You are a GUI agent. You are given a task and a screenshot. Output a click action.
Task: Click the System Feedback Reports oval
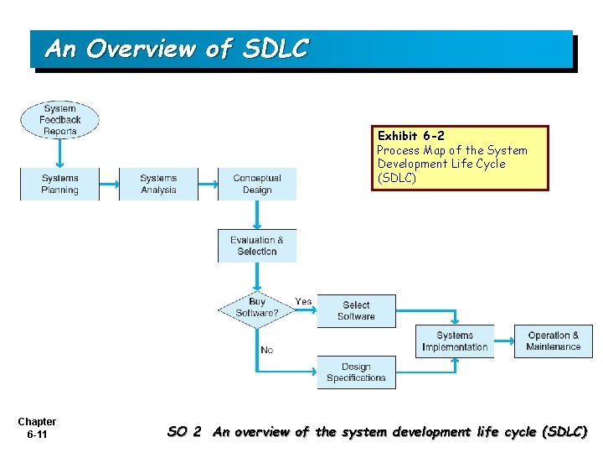(59, 120)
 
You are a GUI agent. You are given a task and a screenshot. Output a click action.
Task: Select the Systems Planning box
(59, 184)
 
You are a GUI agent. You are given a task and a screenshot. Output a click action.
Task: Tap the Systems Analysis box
(158, 184)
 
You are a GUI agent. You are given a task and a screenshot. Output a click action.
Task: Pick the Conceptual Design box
(257, 184)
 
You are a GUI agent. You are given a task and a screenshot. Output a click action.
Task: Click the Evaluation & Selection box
(257, 246)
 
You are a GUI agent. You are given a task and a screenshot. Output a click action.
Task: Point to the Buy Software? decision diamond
(257, 307)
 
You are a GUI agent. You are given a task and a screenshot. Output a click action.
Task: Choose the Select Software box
(356, 310)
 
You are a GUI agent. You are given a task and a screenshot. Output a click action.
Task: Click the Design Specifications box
(356, 372)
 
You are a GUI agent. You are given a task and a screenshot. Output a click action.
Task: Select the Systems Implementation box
(455, 341)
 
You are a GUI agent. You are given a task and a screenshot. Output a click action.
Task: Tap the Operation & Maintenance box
(553, 341)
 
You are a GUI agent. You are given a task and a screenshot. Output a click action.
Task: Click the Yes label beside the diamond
(303, 301)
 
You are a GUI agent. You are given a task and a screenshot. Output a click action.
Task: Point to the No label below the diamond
(266, 350)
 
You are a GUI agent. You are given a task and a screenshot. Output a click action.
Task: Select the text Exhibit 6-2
(411, 136)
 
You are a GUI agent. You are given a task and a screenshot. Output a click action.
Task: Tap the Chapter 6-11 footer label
(37, 428)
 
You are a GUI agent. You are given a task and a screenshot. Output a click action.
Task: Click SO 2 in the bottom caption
(184, 432)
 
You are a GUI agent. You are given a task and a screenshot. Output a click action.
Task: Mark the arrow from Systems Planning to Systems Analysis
(109, 184)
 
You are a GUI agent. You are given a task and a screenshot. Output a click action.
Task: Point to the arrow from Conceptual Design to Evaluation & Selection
(257, 215)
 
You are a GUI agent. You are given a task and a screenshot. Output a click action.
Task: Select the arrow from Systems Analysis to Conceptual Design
(208, 184)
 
